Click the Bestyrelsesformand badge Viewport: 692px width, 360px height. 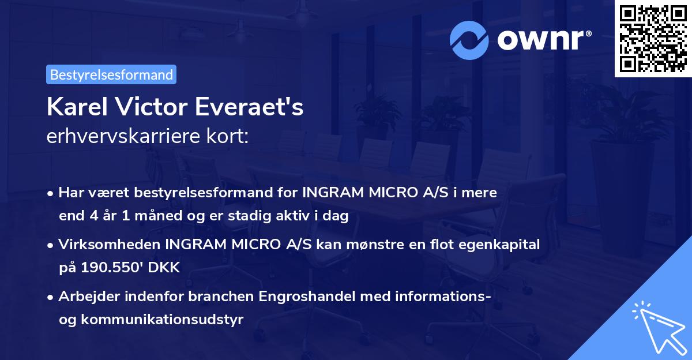(111, 74)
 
